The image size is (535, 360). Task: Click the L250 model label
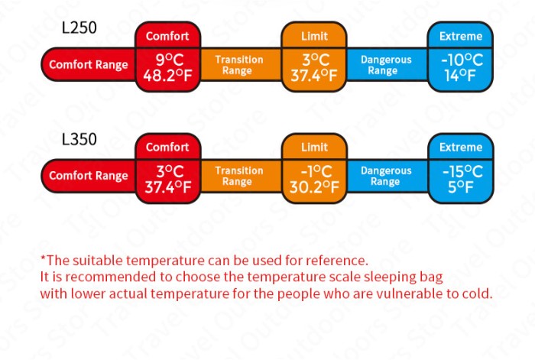point(79,28)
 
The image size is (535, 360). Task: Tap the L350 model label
point(79,139)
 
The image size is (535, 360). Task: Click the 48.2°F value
point(167,76)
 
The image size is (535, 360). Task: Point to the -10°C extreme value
point(462,60)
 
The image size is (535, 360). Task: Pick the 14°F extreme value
point(460,76)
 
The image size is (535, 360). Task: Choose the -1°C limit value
point(316,171)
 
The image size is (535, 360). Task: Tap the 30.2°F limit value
point(314,187)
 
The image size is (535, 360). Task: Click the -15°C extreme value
point(462,171)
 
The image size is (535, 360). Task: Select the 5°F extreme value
point(461,187)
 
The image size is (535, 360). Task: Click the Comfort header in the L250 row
point(167,36)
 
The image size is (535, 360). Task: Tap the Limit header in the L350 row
point(314,147)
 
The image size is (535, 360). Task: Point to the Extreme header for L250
point(461,36)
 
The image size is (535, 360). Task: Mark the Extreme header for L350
point(461,147)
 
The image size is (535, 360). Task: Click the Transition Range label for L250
point(239,65)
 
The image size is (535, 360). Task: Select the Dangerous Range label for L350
point(386,176)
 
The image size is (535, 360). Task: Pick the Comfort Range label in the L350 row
point(89,176)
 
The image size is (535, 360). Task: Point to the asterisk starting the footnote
point(43,258)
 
